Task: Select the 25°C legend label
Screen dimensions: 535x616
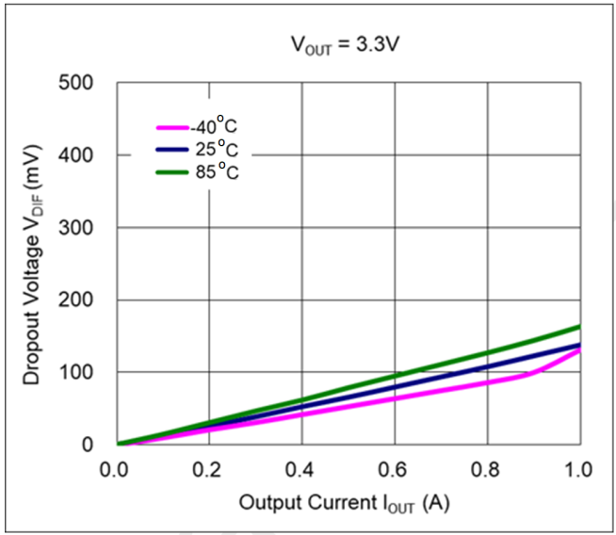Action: pyautogui.click(x=214, y=149)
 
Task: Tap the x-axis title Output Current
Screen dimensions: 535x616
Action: pyautogui.click(x=344, y=503)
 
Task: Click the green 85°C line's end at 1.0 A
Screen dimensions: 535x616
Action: pyautogui.click(x=579, y=326)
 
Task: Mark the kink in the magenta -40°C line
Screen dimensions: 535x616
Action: pyautogui.click(x=533, y=373)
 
